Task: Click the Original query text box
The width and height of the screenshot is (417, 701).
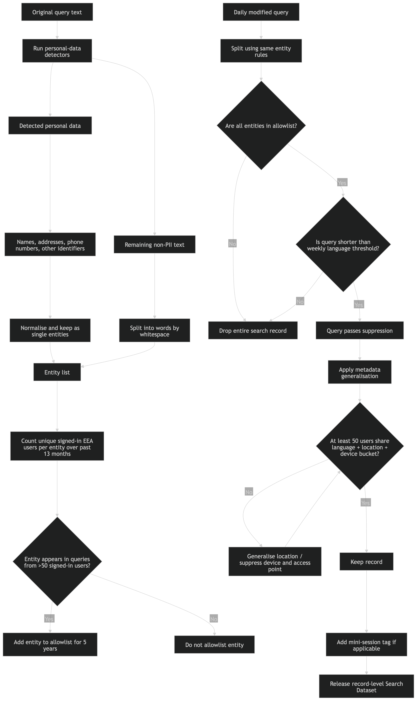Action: point(57,12)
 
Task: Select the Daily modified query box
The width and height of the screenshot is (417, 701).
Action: point(261,12)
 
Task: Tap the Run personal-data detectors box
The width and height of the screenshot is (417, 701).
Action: point(57,51)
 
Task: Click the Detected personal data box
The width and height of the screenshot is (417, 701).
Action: point(50,126)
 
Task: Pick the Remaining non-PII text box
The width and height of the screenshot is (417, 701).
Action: point(154,244)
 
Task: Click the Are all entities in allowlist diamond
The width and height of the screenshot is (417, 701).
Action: point(261,126)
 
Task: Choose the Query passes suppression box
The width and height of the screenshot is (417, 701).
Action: point(359,331)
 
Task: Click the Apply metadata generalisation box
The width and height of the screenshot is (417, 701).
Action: point(359,373)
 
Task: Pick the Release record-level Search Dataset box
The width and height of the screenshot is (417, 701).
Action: point(366,687)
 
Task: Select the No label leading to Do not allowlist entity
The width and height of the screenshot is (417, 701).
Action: point(214,619)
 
